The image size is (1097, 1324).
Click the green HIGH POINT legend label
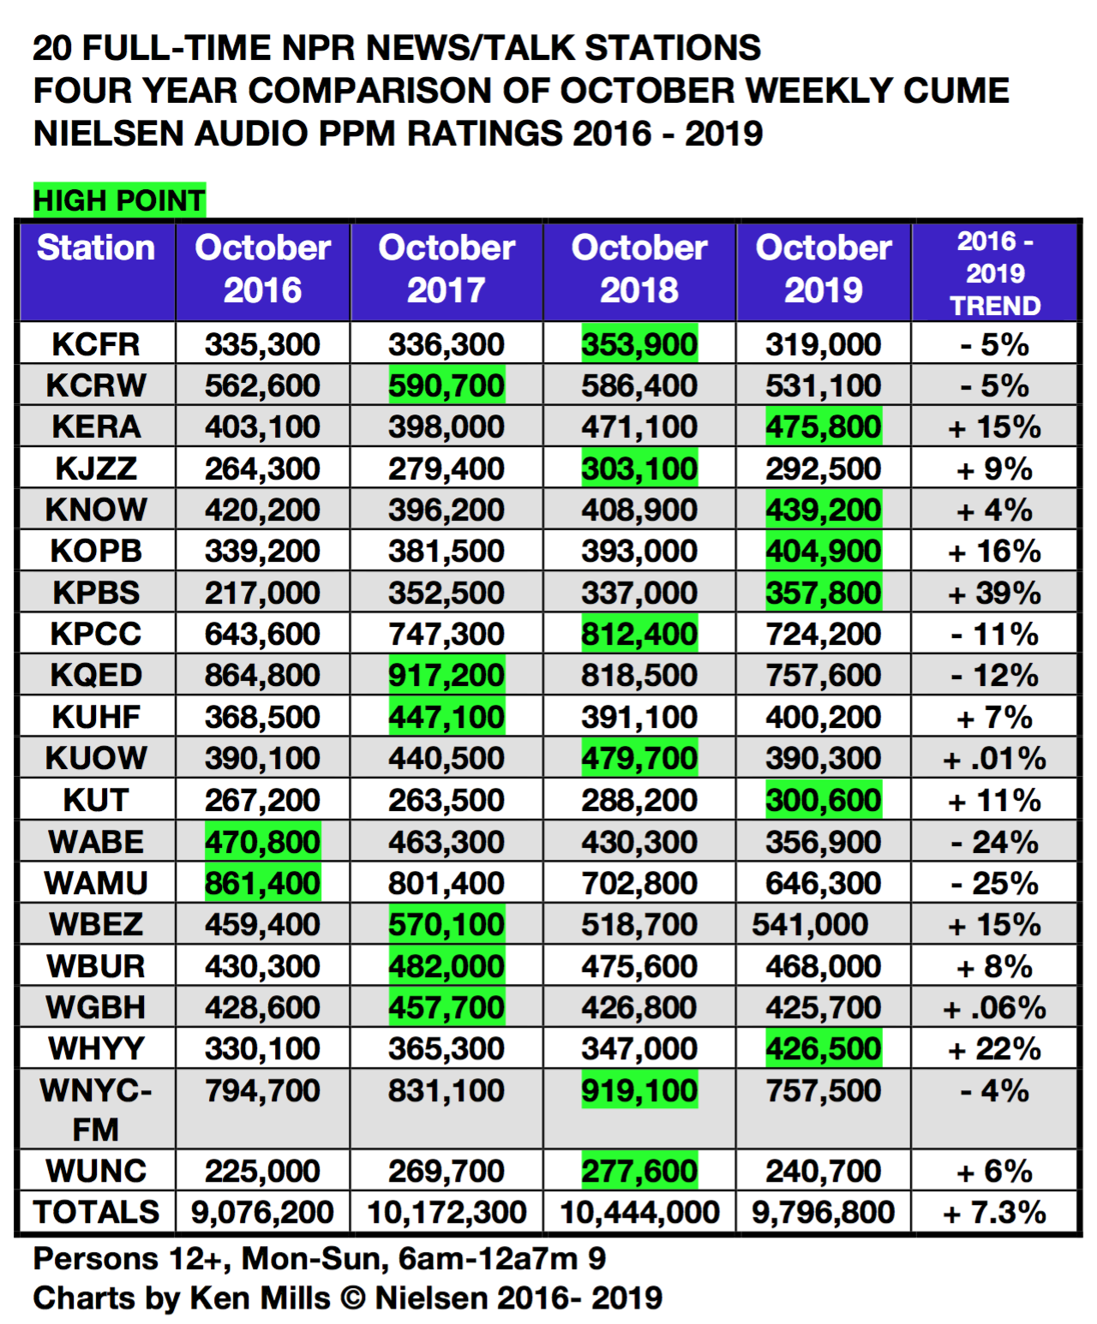[x=119, y=200]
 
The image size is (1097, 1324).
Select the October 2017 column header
[x=447, y=269]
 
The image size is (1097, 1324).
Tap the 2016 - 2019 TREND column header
[x=994, y=273]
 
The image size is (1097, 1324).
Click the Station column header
[x=96, y=248]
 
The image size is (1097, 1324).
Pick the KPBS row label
[x=96, y=593]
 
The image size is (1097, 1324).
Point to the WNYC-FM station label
[x=96, y=1109]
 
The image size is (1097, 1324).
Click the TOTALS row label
[x=96, y=1213]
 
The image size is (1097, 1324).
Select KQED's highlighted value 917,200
[x=447, y=676]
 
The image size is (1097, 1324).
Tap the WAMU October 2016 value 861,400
[x=262, y=883]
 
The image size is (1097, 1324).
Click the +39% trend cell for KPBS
[x=994, y=593]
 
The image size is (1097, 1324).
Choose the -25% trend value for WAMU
[x=994, y=883]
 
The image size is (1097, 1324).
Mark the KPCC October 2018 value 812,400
[x=639, y=634]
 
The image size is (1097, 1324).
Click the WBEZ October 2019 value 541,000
[x=810, y=925]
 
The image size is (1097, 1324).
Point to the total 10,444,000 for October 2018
[x=639, y=1213]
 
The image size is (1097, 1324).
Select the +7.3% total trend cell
[x=994, y=1213]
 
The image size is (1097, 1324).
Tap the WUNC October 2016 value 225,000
[x=262, y=1171]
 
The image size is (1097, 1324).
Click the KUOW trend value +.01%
[x=994, y=759]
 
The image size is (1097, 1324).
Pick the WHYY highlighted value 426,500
[x=823, y=1049]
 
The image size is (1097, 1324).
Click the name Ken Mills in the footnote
[x=260, y=1298]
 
